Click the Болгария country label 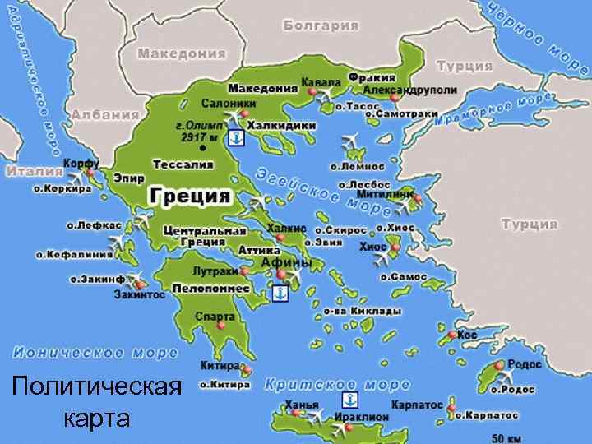(x=321, y=25)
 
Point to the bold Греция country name (x=190, y=197)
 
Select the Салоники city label (x=228, y=104)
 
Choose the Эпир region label (x=129, y=178)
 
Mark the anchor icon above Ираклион (x=349, y=400)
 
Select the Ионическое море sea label (x=95, y=353)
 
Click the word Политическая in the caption (x=98, y=386)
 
